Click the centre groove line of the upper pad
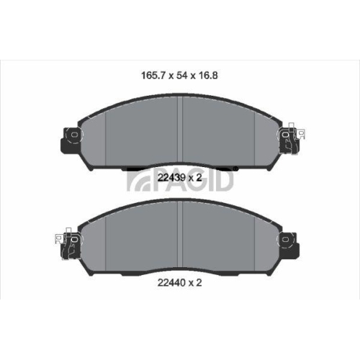pyautogui.click(x=179, y=133)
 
